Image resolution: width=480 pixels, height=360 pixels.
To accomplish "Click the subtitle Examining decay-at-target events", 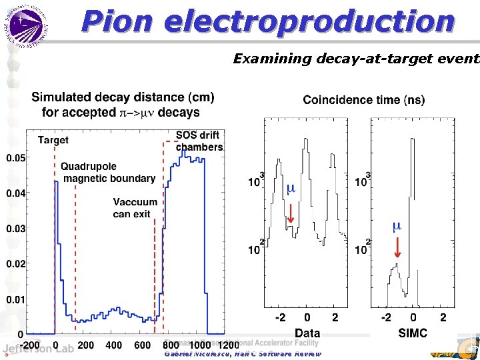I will tap(355, 59).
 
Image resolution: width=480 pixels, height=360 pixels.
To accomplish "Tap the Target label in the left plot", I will tap(53, 140).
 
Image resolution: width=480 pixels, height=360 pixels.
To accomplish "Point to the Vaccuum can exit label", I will tap(135, 207).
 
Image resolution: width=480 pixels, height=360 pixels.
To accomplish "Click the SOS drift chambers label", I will tap(199, 141).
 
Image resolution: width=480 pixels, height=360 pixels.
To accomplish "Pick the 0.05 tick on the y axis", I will tap(17, 158).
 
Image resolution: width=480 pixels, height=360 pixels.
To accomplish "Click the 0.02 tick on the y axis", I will tap(17, 264).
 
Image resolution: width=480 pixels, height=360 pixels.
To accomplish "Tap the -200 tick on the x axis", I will tap(29, 345).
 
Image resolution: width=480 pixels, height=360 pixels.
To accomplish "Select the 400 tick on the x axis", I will tap(114, 345).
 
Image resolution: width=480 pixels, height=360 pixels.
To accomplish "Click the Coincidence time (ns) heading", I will tap(363, 100).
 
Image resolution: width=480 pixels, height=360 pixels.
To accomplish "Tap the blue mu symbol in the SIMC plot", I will tap(397, 225).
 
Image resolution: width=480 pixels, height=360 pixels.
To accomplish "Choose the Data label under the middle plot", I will tap(307, 333).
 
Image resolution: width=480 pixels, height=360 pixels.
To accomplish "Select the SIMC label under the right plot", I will tap(412, 333).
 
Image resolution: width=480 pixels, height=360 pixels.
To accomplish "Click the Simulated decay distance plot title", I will tap(123, 105).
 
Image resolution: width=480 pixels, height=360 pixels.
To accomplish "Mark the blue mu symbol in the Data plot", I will tap(291, 189).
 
